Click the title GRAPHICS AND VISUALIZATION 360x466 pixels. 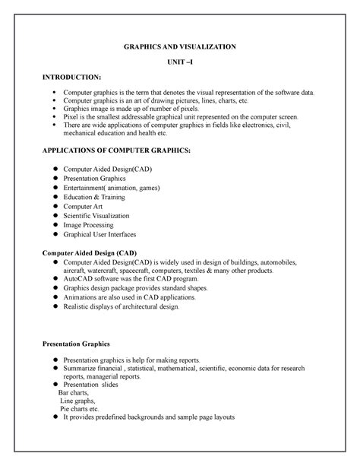(x=180, y=47)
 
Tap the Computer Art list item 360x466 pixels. (x=84, y=206)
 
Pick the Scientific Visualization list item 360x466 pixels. (x=96, y=215)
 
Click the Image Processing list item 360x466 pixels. (x=89, y=225)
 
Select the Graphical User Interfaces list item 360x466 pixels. (x=100, y=234)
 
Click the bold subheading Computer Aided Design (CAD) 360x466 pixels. (x=89, y=252)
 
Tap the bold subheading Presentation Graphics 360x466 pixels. (x=76, y=344)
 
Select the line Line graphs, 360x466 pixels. (x=79, y=400)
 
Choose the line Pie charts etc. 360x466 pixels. (x=80, y=408)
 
